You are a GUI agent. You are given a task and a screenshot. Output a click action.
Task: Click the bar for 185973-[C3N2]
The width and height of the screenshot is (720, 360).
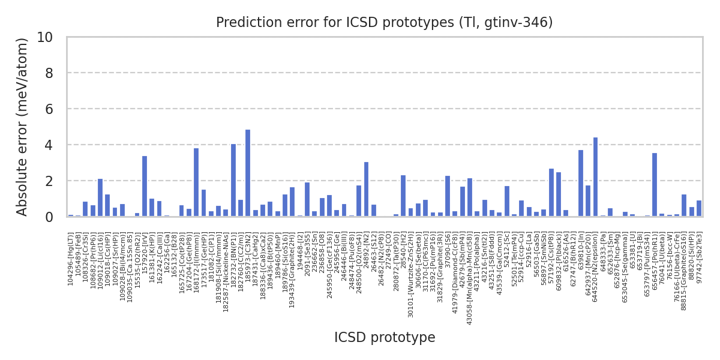(248, 173)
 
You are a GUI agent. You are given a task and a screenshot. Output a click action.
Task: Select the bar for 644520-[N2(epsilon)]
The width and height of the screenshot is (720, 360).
(596, 177)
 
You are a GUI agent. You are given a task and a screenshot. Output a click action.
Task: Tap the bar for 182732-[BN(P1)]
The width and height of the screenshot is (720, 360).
(233, 181)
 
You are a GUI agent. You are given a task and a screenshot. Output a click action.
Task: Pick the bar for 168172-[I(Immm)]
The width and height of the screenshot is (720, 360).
(196, 182)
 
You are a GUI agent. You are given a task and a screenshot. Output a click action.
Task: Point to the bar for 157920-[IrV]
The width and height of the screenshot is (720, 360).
(145, 187)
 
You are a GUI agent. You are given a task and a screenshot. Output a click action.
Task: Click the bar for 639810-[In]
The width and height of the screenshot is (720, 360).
(581, 184)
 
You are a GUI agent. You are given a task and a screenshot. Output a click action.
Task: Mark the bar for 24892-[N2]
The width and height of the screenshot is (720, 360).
(367, 190)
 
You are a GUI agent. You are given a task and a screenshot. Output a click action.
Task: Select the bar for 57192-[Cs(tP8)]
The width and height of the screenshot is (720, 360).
(551, 193)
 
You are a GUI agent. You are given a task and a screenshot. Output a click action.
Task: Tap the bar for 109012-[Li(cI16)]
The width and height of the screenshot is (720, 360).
(100, 198)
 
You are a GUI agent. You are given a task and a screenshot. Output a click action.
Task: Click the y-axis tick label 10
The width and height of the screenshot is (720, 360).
(44, 37)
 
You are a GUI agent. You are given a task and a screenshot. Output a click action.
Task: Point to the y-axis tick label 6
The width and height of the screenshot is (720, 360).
(49, 109)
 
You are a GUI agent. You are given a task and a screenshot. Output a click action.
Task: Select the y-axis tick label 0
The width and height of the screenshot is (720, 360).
(49, 217)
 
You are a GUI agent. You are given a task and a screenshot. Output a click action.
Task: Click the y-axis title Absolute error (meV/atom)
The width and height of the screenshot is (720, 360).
(23, 127)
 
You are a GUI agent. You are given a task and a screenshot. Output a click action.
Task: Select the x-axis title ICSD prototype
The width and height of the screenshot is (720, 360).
(385, 338)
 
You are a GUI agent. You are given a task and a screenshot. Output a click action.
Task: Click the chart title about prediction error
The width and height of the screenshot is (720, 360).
(385, 23)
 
